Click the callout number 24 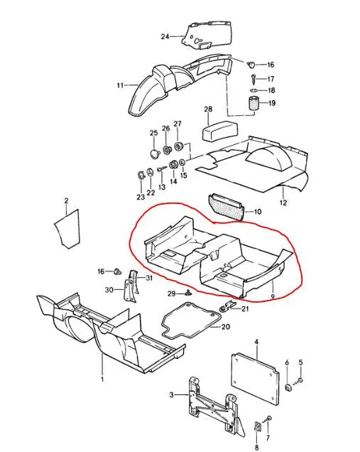[x=165, y=37]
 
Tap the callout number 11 [x=120, y=85]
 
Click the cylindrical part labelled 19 [x=253, y=104]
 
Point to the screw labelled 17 [x=253, y=78]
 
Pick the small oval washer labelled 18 [x=253, y=90]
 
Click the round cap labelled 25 [x=156, y=153]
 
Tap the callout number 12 [x=283, y=203]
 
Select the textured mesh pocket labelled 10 [x=227, y=206]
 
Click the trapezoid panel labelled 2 [x=67, y=230]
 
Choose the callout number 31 [x=149, y=278]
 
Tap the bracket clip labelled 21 [x=229, y=306]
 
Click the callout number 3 [x=172, y=395]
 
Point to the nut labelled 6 [x=288, y=387]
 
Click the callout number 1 [x=102, y=380]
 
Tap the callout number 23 [x=141, y=197]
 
